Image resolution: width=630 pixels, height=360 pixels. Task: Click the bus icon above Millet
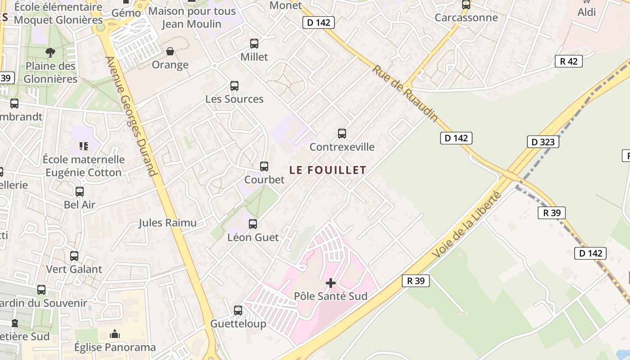click(254, 44)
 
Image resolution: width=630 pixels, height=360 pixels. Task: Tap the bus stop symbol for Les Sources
click(234, 86)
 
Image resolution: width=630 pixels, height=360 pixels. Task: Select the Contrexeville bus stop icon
click(342, 134)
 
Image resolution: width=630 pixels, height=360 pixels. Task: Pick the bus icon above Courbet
click(264, 166)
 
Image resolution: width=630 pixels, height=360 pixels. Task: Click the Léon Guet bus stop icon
click(253, 224)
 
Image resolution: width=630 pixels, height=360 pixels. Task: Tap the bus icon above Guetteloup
click(238, 310)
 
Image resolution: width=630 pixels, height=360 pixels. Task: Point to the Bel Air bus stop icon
click(80, 192)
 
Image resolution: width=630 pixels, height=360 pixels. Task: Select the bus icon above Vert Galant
click(74, 256)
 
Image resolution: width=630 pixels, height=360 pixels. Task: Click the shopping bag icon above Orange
click(170, 52)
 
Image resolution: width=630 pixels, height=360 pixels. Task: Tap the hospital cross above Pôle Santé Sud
click(331, 283)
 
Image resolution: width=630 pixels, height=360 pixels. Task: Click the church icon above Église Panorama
click(115, 334)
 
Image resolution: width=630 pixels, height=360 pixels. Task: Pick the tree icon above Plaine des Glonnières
click(50, 53)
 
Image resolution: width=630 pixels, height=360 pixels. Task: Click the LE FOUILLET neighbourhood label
click(328, 170)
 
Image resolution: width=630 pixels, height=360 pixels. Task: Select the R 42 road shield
click(568, 62)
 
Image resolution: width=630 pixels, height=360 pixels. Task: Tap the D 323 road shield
click(543, 142)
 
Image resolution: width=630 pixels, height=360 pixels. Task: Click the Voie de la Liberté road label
click(467, 225)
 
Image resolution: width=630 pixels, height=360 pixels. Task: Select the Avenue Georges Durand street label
click(131, 116)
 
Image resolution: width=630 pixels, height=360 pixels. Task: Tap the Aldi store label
click(586, 12)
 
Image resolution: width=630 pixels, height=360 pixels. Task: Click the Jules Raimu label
click(167, 223)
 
